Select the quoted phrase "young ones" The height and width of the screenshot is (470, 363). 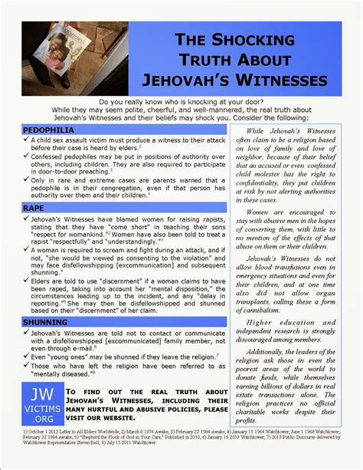(x=79, y=357)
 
